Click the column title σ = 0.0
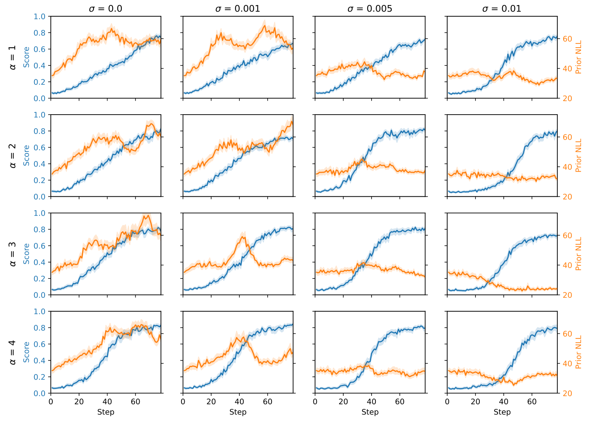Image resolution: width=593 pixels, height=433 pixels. coord(105,9)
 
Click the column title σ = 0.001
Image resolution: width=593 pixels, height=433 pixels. coord(238,9)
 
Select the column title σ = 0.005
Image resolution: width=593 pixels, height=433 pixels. coord(370,9)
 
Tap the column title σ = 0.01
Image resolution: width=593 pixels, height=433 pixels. coord(502,9)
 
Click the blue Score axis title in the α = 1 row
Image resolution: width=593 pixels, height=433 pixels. coord(26,57)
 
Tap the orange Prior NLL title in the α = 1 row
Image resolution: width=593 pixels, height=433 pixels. coord(579,57)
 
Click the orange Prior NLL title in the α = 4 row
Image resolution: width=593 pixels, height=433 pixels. coord(579,352)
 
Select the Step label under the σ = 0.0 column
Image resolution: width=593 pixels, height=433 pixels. coord(105,412)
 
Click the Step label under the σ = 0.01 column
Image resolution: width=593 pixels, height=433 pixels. coord(502,412)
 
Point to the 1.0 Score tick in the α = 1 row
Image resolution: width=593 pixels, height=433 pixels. coord(40,17)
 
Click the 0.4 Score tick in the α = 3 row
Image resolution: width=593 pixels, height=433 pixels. coord(40,262)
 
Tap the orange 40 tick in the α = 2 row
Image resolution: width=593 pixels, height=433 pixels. coord(567,167)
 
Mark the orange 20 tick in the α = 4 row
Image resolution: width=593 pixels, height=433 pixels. coord(567,393)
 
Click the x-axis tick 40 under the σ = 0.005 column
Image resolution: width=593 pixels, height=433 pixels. coord(372,402)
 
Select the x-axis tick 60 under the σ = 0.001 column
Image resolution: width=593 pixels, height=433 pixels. coord(268,402)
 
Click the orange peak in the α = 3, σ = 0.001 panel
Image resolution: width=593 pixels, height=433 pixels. coord(243,237)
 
